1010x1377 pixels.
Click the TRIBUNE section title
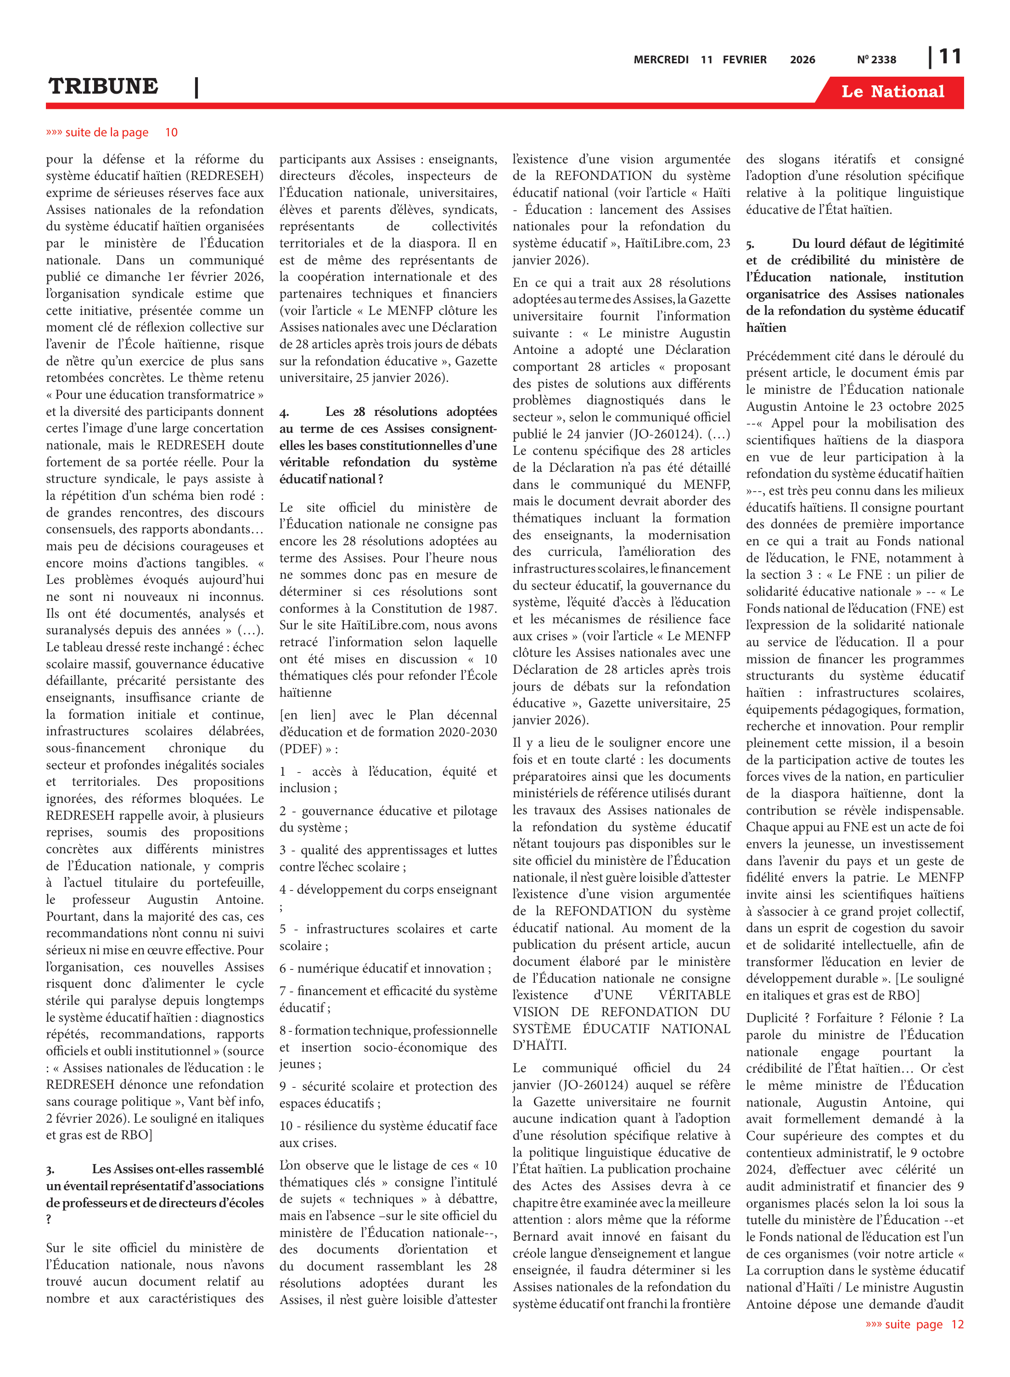point(103,86)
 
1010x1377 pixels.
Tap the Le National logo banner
point(892,92)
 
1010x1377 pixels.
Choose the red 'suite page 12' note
point(914,1324)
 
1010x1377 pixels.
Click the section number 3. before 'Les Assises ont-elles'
point(50,1170)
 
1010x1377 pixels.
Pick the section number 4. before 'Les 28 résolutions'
point(284,413)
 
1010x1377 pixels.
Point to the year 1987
point(479,609)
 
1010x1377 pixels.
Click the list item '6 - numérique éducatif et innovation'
point(385,969)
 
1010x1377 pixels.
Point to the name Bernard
point(536,1237)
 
